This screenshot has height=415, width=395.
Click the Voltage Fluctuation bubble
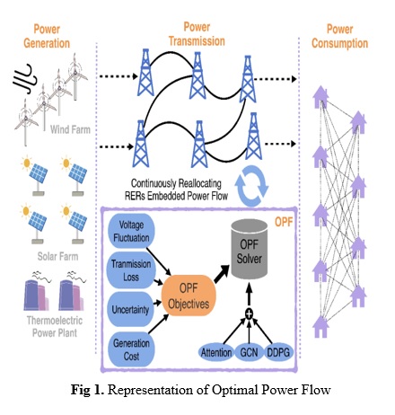click(131, 231)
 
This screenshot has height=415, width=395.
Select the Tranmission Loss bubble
click(131, 270)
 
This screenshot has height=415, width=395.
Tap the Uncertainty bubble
click(130, 309)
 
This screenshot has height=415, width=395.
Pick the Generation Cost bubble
click(131, 349)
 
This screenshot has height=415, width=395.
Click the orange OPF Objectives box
click(189, 296)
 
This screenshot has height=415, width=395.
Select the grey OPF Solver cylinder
click(250, 249)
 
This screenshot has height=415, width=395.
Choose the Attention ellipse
click(216, 352)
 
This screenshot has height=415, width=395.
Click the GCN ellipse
click(249, 352)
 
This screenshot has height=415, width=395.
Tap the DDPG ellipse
click(278, 352)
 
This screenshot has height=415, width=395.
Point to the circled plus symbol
click(249, 313)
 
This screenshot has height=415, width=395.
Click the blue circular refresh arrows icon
click(251, 186)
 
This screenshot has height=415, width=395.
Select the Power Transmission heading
click(197, 34)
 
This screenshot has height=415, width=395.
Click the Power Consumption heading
click(339, 36)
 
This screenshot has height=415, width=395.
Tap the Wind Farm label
click(70, 129)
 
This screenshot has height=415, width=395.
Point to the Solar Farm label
click(57, 256)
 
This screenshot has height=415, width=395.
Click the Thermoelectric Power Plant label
click(55, 326)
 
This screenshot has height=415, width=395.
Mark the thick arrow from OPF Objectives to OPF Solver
click(222, 274)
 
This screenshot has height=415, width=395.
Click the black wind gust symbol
click(24, 78)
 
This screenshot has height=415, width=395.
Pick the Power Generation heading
click(47, 36)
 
